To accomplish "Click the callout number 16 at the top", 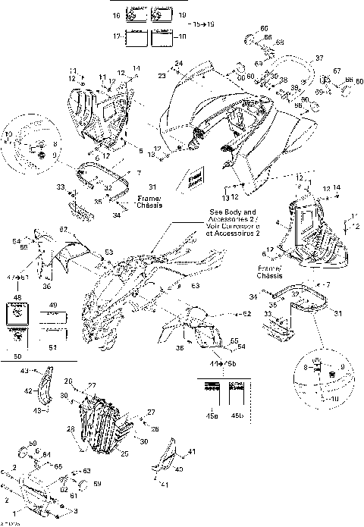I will coord(116,15).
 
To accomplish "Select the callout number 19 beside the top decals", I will coord(183,15).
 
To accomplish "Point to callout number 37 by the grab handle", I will coord(319,58).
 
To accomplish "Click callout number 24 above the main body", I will coord(179,63).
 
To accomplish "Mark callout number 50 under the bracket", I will coord(17,355).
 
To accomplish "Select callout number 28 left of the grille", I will coord(72,428).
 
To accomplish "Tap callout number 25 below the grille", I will coord(125,453).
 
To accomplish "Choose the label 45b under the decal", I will coord(237,416).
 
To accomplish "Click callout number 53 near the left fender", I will coord(108,252).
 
